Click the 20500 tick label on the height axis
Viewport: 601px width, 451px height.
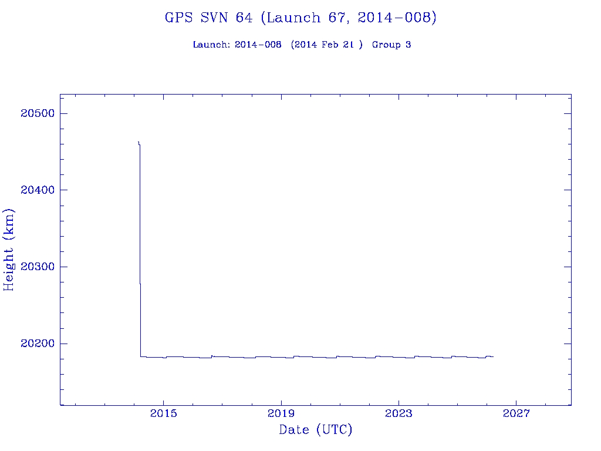point(36,113)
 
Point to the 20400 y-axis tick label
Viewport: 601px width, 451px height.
point(36,190)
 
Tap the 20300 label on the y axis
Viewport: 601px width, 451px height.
point(36,267)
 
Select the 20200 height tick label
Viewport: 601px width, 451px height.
point(36,344)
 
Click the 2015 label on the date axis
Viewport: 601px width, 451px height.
point(164,414)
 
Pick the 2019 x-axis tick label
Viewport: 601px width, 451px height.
point(281,414)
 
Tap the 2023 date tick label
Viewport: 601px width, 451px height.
point(399,414)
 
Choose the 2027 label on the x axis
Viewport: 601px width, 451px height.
point(516,414)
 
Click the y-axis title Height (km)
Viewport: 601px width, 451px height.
point(9,250)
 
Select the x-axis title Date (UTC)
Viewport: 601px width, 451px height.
point(316,430)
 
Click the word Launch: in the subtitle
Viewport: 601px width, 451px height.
point(212,45)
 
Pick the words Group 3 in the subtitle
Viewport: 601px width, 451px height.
point(391,45)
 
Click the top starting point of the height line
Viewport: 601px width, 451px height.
point(138,142)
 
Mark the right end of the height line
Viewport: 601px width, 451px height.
point(494,356)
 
